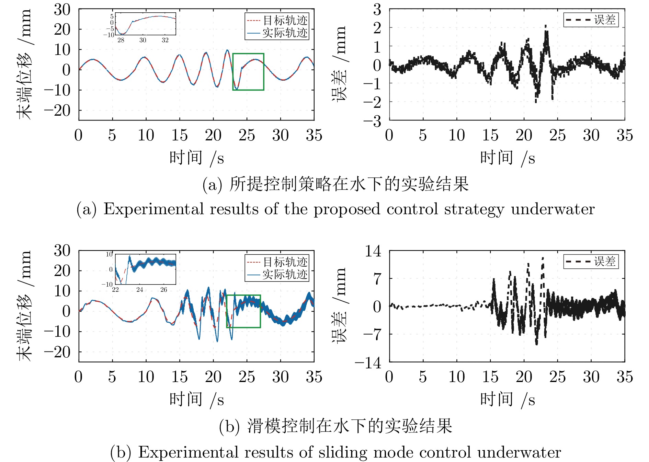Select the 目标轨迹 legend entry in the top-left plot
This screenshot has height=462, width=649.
click(277, 21)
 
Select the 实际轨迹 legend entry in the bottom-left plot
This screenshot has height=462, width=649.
click(277, 275)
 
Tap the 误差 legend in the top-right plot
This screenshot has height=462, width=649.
click(591, 20)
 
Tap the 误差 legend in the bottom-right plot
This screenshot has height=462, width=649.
click(591, 262)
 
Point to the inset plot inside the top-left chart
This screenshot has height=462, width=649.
click(146, 24)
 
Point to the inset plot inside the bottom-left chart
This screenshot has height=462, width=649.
click(146, 269)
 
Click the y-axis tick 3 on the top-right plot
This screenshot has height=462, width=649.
click(377, 10)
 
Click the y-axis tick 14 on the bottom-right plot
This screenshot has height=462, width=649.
click(373, 251)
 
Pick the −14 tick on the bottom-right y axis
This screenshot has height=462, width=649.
click(368, 362)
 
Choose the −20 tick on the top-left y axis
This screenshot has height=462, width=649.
click(57, 111)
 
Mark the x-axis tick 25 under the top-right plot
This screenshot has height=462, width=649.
click(557, 135)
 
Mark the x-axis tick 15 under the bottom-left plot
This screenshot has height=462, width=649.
click(180, 377)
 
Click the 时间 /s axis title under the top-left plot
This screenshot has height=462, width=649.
click(196, 158)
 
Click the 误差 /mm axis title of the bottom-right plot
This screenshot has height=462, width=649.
click(339, 305)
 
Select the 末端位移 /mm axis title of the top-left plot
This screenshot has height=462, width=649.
click(25, 65)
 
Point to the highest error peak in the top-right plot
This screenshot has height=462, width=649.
click(546, 26)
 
